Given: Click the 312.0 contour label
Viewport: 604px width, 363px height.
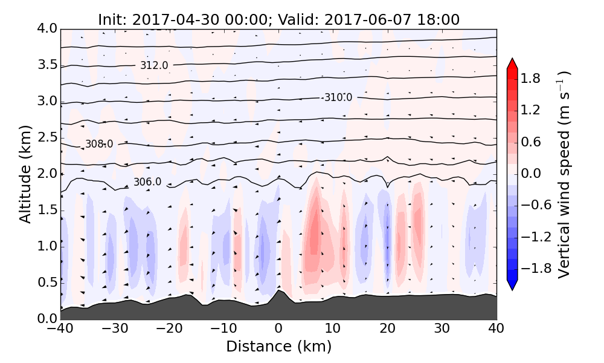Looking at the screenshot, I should pyautogui.click(x=154, y=65).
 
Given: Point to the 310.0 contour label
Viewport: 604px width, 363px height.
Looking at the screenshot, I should pyautogui.click(x=338, y=97).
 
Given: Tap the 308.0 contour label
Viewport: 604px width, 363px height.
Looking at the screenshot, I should pyautogui.click(x=99, y=144).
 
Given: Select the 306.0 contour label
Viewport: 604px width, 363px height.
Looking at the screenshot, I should pyautogui.click(x=147, y=182).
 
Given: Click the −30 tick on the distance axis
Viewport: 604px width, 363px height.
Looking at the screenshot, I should pyautogui.click(x=115, y=329).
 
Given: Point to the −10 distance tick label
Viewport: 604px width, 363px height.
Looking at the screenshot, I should pyautogui.click(x=223, y=329).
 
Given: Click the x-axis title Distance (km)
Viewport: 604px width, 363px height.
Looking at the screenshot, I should pyautogui.click(x=278, y=347).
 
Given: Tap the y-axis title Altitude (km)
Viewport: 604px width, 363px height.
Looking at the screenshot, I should pyautogui.click(x=25, y=174).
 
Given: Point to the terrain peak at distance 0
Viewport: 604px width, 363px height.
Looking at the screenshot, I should pyautogui.click(x=278, y=292).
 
